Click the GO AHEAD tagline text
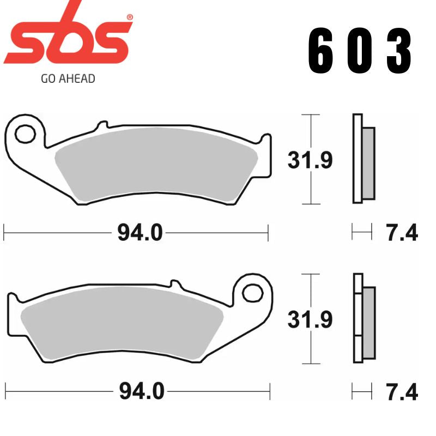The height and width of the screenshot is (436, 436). coord(68,78)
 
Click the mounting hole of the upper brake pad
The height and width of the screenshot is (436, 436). coord(24,132)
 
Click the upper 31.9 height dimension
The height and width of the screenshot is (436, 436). coord(310,160)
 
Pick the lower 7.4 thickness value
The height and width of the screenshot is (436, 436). coord(402,391)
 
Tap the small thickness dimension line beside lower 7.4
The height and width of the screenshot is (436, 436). coord(362,391)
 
